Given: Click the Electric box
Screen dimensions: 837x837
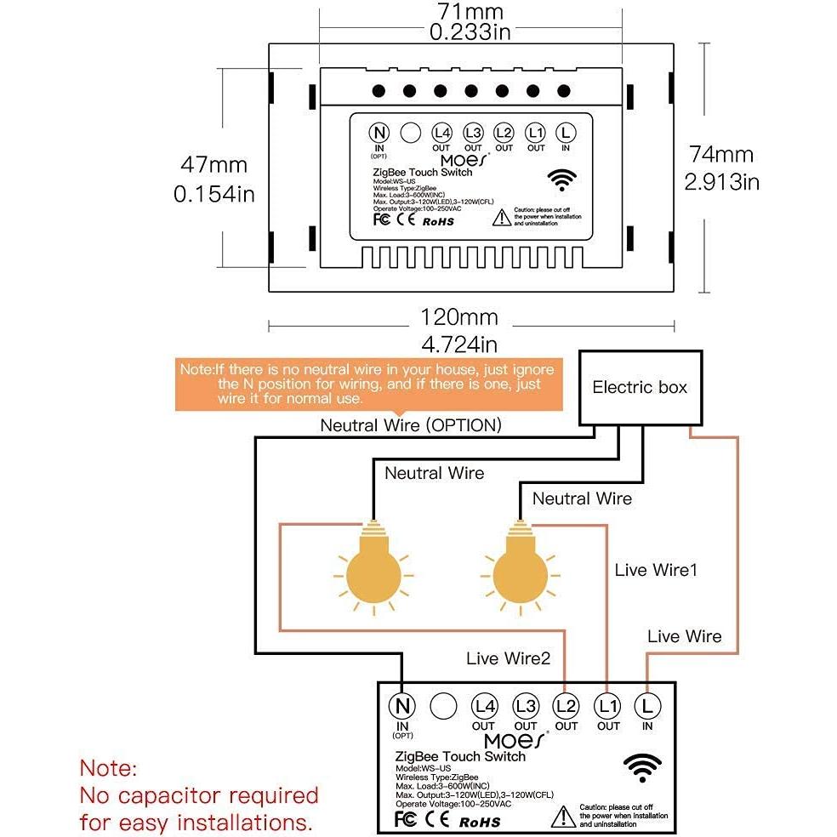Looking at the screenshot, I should point(640,387).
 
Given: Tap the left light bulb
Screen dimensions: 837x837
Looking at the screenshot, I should point(372,569).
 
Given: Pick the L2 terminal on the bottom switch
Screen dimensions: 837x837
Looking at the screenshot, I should point(566,706).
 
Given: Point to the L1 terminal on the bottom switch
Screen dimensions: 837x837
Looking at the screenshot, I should point(607,706).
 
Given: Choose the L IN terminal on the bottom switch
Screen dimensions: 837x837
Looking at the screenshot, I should point(648,706).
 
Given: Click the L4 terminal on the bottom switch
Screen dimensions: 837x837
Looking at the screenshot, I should point(484,706).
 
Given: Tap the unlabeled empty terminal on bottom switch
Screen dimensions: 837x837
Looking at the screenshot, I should point(442,706).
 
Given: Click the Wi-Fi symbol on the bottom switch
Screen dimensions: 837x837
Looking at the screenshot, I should point(641,768).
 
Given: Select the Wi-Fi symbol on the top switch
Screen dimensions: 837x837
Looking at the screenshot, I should point(560,181).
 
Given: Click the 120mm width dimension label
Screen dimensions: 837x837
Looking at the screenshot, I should point(459,318).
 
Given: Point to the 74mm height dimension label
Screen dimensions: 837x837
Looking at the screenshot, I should point(721,155).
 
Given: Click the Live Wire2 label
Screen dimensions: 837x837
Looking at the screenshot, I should point(508,658).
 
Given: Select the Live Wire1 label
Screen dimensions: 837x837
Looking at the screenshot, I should point(655,570).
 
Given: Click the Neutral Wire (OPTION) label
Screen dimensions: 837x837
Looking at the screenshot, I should point(410,424).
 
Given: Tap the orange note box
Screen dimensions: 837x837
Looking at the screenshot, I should point(367,384).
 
